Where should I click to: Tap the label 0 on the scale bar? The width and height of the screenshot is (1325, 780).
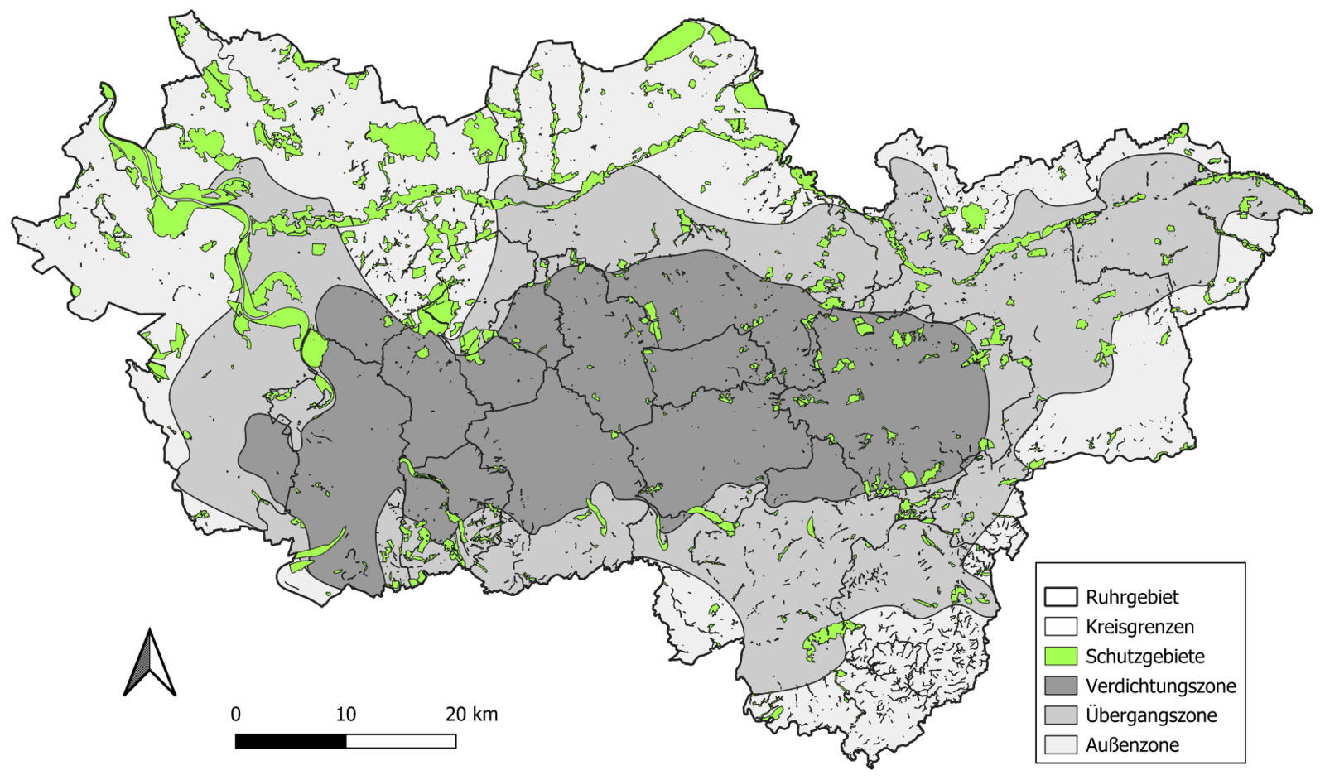pyautogui.click(x=236, y=714)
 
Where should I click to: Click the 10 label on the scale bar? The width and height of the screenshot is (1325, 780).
pyautogui.click(x=345, y=714)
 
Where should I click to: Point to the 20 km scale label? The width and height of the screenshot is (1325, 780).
pyautogui.click(x=472, y=714)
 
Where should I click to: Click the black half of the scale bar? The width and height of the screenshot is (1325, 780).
pyautogui.click(x=291, y=741)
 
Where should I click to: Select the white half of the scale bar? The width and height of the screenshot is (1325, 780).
pyautogui.click(x=401, y=741)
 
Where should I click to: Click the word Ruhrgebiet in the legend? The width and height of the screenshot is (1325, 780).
pyautogui.click(x=1132, y=597)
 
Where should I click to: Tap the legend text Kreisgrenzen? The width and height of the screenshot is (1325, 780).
pyautogui.click(x=1139, y=627)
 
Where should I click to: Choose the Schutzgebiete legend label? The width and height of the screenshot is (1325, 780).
pyautogui.click(x=1144, y=657)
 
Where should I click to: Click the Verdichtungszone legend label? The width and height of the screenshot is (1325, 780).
pyautogui.click(x=1160, y=686)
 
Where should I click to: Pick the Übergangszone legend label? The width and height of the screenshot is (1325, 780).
pyautogui.click(x=1151, y=715)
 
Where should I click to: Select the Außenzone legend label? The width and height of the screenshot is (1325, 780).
pyautogui.click(x=1132, y=745)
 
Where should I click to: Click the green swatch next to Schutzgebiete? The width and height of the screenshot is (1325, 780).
pyautogui.click(x=1060, y=657)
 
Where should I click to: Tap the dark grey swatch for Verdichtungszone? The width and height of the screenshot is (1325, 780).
pyautogui.click(x=1060, y=686)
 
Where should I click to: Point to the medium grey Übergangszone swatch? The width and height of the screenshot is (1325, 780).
pyautogui.click(x=1060, y=715)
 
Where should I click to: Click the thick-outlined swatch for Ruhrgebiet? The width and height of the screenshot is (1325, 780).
pyautogui.click(x=1060, y=597)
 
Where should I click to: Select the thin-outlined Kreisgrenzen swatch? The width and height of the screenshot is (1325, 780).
pyautogui.click(x=1060, y=627)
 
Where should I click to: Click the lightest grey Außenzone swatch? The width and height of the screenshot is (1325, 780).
pyautogui.click(x=1060, y=745)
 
